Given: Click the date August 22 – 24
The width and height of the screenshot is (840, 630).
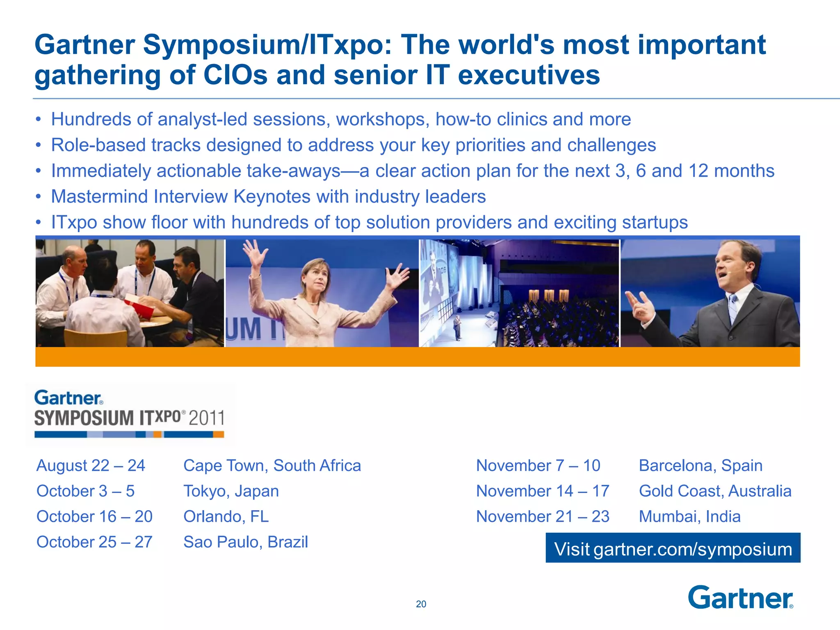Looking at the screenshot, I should pyautogui.click(x=91, y=466).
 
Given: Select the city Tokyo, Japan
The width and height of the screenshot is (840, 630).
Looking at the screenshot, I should pyautogui.click(x=231, y=491).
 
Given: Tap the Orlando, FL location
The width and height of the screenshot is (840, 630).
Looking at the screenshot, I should pyautogui.click(x=226, y=516).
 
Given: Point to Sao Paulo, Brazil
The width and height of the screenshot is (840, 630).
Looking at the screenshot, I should pyautogui.click(x=245, y=542).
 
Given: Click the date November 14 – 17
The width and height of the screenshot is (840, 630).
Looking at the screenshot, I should pyautogui.click(x=542, y=491).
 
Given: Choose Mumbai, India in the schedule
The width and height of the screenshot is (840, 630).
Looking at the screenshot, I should pyautogui.click(x=689, y=516).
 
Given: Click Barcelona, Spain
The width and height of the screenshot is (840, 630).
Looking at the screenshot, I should pyautogui.click(x=701, y=466).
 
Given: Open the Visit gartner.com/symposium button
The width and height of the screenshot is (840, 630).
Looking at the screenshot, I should pyautogui.click(x=673, y=548).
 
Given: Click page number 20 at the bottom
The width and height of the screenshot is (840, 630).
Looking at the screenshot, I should pyautogui.click(x=421, y=604).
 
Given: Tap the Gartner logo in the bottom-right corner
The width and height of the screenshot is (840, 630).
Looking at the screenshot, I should pyautogui.click(x=740, y=598).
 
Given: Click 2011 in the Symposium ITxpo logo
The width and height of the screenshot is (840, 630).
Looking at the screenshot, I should pyautogui.click(x=206, y=418).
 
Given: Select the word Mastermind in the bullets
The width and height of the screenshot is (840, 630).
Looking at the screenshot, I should pyautogui.click(x=98, y=196).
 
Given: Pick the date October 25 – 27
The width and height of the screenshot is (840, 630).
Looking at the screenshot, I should pyautogui.click(x=94, y=542).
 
